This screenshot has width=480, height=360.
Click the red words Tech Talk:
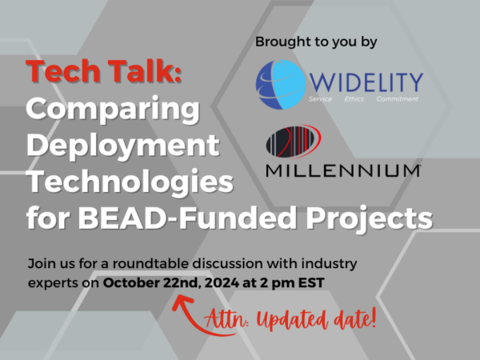[x=104, y=71]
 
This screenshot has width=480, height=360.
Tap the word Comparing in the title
[x=113, y=110]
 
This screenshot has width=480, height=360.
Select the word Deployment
[x=123, y=146]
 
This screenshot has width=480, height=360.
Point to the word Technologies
[x=130, y=181]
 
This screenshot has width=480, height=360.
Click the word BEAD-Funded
[x=187, y=218]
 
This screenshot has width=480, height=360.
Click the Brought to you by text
[x=316, y=42]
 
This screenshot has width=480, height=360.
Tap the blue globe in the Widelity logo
[x=281, y=85]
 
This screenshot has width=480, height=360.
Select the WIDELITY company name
[x=366, y=82]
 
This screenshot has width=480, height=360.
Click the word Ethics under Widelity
[x=354, y=99]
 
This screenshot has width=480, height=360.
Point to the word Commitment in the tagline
[x=398, y=99]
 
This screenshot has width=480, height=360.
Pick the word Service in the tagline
[x=320, y=99]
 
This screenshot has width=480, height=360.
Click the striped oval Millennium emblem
[x=294, y=142]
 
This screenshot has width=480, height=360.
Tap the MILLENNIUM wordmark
[x=343, y=170]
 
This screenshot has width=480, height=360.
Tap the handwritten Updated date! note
[x=316, y=319]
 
